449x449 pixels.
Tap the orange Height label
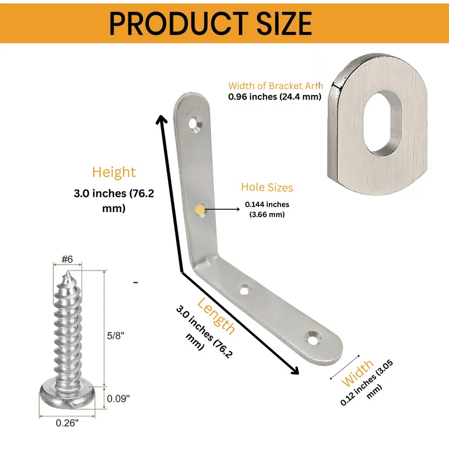point(114,172)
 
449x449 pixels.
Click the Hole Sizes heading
point(267,187)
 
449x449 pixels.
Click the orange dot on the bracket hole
point(200,210)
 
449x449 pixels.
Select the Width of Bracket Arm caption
point(275,86)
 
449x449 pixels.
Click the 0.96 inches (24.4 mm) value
point(274,97)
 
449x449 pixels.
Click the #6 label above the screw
point(67,259)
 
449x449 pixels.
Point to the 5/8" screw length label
point(115,336)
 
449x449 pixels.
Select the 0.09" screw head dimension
point(118,398)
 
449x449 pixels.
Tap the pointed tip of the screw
point(67,273)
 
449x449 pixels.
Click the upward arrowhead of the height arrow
point(162,118)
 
